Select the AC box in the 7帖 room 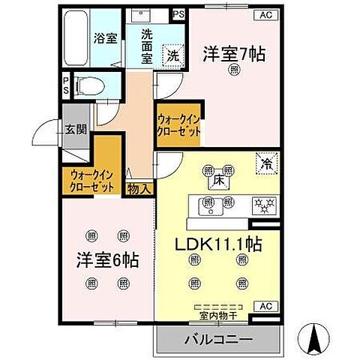click(x=265, y=15)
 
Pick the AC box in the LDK click(x=264, y=306)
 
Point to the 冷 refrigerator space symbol click(x=265, y=161)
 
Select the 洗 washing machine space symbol click(x=172, y=54)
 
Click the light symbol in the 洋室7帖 click(x=235, y=71)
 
